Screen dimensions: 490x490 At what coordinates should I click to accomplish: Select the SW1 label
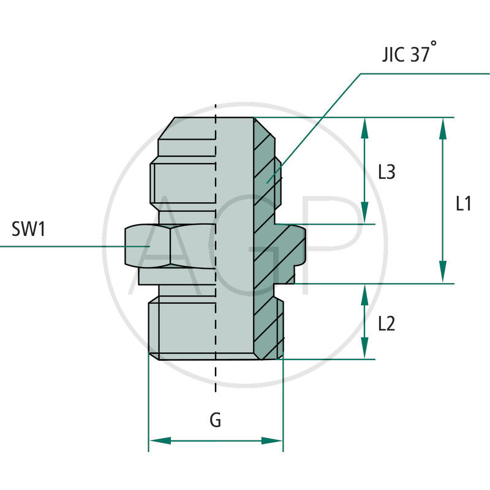point(29,230)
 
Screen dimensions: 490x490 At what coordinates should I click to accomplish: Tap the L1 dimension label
point(464,203)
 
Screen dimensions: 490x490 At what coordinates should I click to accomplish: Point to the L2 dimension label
point(386,323)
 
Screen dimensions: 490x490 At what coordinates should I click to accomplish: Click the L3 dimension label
point(386,173)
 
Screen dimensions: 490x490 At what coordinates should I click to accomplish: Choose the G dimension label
point(216,420)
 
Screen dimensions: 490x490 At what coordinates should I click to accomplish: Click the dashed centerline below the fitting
point(216,377)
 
